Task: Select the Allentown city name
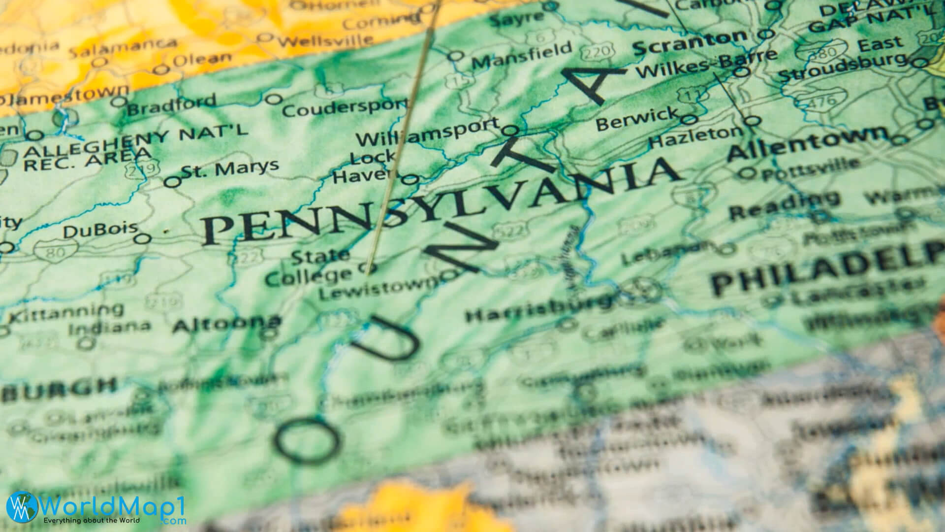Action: point(807,143)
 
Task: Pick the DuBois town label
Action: point(100,230)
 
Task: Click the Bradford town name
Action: point(171,104)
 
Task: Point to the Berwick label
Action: point(636,120)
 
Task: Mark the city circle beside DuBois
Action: point(143,239)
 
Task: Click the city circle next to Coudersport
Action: point(272,100)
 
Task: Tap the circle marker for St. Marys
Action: point(172,182)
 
